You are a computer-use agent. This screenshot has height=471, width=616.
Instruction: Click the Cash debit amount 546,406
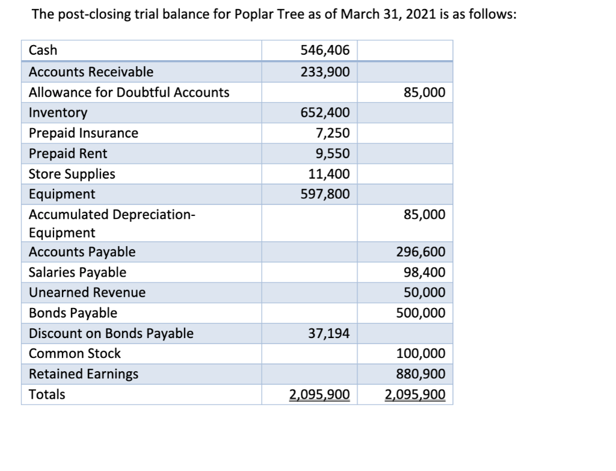325,51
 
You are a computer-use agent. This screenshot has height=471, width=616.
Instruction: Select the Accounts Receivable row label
91,72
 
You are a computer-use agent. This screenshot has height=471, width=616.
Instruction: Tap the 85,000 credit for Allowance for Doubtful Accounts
425,93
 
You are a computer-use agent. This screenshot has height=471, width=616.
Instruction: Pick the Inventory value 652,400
325,113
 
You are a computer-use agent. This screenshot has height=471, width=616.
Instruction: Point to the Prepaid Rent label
68,154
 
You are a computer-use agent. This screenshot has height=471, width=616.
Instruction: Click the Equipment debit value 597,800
325,195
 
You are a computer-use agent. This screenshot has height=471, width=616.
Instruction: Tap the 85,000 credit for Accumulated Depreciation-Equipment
425,215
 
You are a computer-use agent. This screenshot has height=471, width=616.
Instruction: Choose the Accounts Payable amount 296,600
420,252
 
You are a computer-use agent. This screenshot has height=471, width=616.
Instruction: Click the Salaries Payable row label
78,272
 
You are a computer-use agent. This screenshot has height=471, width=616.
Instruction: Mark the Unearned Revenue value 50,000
425,293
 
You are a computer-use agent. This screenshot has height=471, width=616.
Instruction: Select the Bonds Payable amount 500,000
420,313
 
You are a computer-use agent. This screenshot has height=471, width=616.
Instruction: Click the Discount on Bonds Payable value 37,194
328,334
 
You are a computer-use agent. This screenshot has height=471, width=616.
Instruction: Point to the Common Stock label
75,354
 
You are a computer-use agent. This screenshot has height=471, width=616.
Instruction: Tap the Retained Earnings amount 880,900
420,374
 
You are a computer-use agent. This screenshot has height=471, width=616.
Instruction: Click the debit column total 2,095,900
319,395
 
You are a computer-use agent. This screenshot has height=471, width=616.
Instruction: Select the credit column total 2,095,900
415,395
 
